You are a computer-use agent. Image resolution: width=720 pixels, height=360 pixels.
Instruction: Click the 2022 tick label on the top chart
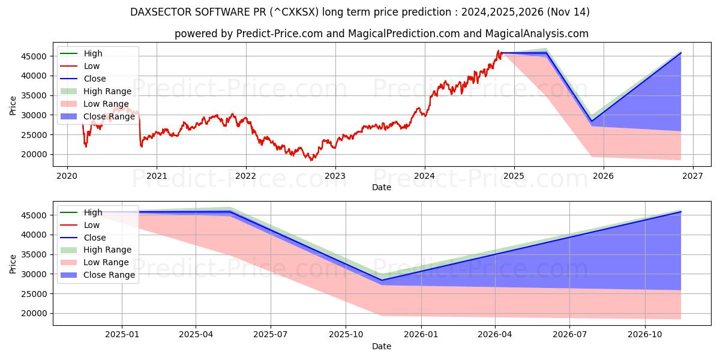[x=245, y=176]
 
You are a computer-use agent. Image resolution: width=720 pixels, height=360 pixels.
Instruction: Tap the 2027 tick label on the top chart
[x=693, y=176]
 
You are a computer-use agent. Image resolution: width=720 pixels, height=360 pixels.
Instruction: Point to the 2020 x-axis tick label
[x=67, y=176]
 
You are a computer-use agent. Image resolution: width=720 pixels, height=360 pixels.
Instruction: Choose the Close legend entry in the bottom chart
[x=95, y=238]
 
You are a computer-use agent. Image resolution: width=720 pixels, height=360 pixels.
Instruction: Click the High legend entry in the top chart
[x=93, y=53]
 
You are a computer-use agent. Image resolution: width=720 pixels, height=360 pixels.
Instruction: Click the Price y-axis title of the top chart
[x=13, y=105]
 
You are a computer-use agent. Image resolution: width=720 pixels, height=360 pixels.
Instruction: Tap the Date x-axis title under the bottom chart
[x=381, y=346]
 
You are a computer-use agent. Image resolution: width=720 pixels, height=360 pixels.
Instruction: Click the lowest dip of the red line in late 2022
[x=311, y=160]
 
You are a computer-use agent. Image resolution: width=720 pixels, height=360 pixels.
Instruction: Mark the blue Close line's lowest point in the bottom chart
[x=382, y=280]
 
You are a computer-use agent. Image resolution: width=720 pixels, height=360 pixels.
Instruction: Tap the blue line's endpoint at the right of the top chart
[x=681, y=53]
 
